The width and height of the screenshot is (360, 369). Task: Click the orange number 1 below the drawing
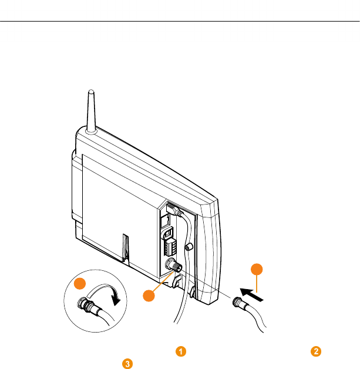tap(182, 351)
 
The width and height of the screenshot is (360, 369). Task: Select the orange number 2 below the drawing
tap(317, 351)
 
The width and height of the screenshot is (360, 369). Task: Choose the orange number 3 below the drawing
tap(126, 363)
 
